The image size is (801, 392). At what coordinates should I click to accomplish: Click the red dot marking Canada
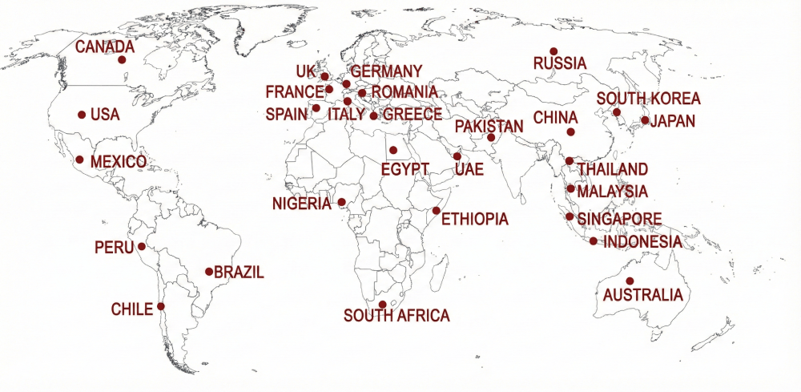coord(122,59)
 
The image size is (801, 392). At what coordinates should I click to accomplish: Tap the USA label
coord(105,115)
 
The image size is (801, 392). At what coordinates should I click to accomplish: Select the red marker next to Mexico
coord(79,160)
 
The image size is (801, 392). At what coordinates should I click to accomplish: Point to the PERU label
coord(114,247)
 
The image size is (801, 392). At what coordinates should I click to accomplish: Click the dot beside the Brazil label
coord(209,272)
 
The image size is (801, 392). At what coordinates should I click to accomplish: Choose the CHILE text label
coord(131,309)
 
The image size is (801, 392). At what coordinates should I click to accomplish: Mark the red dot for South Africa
coord(383,304)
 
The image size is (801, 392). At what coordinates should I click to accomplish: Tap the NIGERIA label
coord(301,204)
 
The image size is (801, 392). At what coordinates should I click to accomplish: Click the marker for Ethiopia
coord(436,211)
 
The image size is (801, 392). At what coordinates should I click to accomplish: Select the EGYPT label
coord(405,170)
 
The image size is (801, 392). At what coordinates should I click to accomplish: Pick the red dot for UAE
coord(457,156)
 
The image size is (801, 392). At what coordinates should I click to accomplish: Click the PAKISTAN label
coord(489,126)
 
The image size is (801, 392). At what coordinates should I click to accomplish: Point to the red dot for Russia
coord(553,51)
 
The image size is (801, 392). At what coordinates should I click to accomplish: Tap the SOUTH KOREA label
coord(649,99)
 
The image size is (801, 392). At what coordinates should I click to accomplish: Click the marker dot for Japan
coord(645,120)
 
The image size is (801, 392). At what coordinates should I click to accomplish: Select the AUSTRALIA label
coord(643,295)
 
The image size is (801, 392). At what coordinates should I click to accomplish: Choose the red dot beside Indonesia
coord(593,240)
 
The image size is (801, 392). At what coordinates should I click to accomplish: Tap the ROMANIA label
coord(405,93)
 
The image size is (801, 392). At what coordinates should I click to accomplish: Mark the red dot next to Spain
coord(316,108)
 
